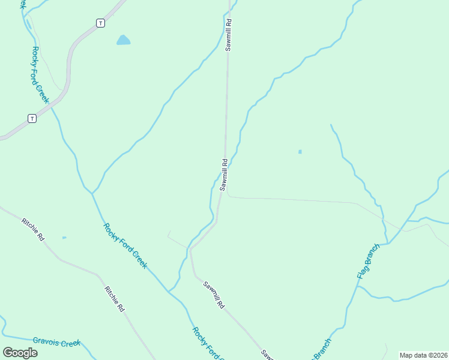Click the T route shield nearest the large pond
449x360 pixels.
click(x=100, y=23)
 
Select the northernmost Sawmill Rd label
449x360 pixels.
click(x=229, y=34)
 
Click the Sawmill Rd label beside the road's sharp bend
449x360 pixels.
click(x=224, y=175)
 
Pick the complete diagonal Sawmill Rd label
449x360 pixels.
click(x=213, y=295)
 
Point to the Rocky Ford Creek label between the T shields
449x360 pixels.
click(x=40, y=74)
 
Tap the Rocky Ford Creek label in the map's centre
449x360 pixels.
click(x=125, y=246)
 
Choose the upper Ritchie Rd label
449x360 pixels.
click(x=33, y=229)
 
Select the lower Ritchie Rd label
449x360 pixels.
click(x=114, y=298)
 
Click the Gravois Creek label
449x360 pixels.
click(x=56, y=343)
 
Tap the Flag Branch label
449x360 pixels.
click(x=369, y=261)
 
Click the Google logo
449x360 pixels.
click(x=20, y=353)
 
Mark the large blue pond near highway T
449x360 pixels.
click(x=123, y=40)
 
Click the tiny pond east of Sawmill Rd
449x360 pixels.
click(x=300, y=152)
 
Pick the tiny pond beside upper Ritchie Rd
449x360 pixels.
click(x=64, y=238)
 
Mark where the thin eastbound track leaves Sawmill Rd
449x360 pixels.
click(x=229, y=195)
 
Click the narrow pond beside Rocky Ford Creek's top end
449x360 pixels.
click(x=28, y=24)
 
